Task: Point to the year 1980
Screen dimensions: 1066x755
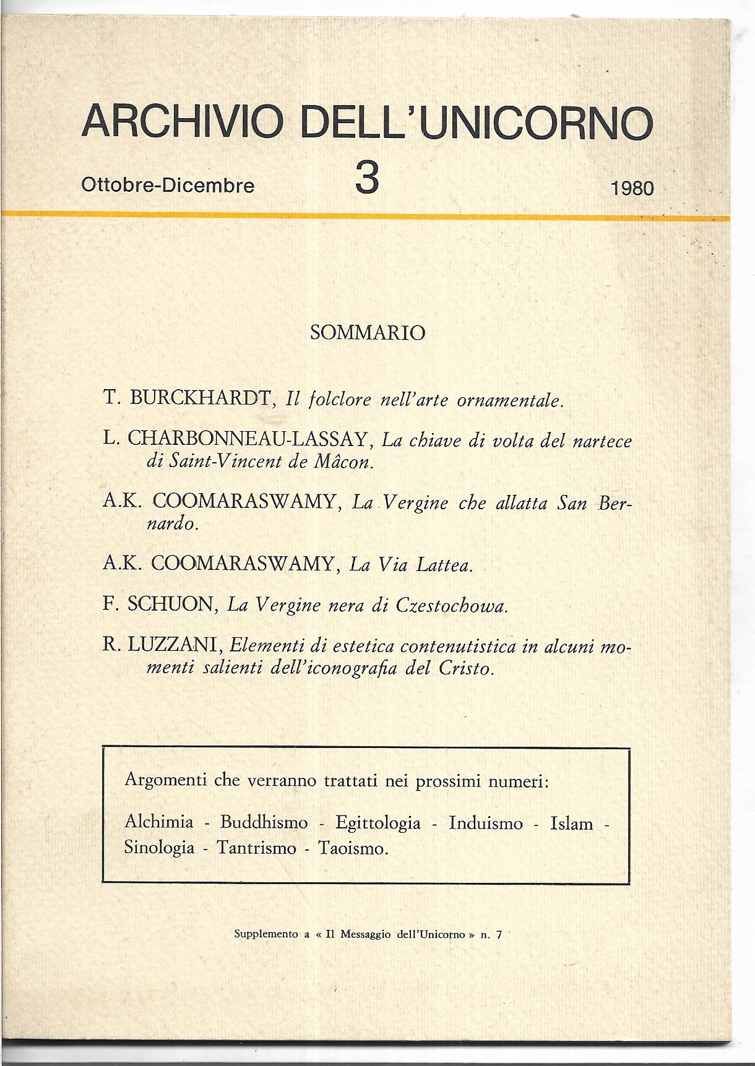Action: (x=632, y=188)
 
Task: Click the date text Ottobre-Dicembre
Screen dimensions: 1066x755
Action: (x=168, y=186)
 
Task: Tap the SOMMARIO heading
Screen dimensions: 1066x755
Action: (x=368, y=333)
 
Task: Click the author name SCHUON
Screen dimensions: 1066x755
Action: (x=170, y=604)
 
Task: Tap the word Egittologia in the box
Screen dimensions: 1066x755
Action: (x=378, y=823)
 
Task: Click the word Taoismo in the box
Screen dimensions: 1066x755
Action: (x=353, y=848)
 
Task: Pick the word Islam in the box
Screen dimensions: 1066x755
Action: (x=571, y=823)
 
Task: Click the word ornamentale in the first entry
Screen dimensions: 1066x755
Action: (x=509, y=400)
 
